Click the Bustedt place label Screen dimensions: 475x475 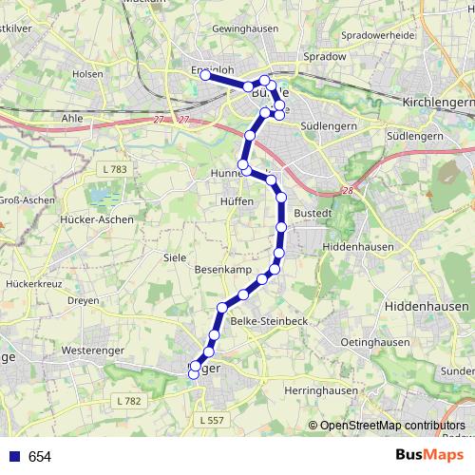pos(313,213)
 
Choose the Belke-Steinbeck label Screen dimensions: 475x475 pos(268,321)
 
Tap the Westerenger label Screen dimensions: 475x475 pos(94,351)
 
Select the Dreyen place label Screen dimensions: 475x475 pos(83,301)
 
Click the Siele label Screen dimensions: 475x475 pos(175,257)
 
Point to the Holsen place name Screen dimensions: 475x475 pos(87,73)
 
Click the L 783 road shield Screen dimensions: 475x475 pos(112,169)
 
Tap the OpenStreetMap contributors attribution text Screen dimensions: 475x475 pos(392,426)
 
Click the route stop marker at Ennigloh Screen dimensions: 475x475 pos(205,74)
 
